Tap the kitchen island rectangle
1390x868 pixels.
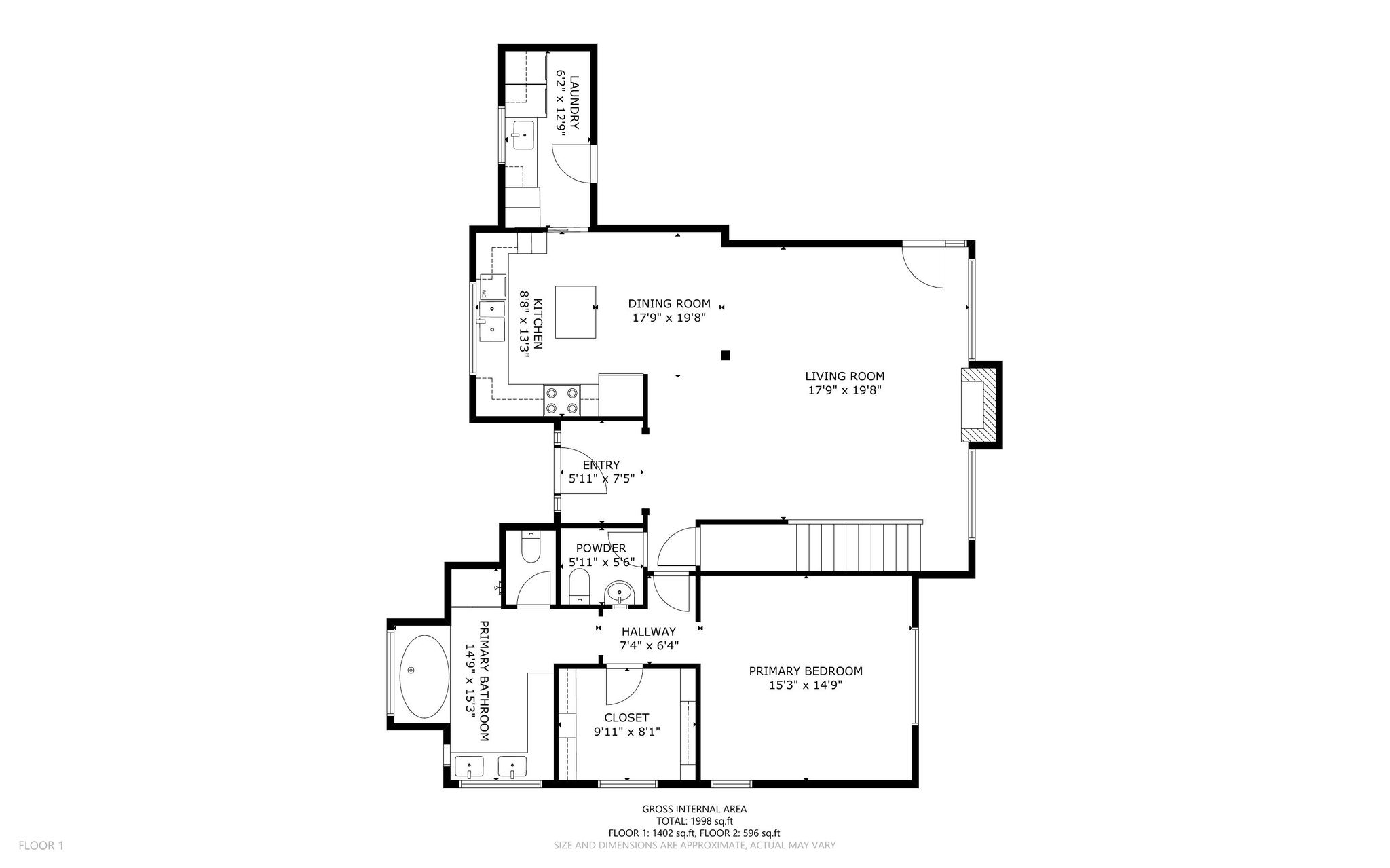[576, 312]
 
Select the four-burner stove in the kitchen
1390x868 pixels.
[562, 400]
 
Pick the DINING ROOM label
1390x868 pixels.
[669, 303]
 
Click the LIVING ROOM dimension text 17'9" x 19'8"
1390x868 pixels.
[844, 390]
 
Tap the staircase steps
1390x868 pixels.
[854, 547]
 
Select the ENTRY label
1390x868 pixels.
[601, 465]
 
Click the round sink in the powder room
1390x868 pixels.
[619, 593]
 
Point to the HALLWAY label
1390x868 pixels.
[649, 632]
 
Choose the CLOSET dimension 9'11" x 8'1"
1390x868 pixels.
[626, 732]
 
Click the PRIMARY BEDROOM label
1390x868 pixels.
[806, 671]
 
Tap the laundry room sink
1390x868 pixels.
[524, 136]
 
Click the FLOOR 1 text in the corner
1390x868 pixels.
[41, 846]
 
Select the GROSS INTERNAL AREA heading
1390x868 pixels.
[694, 809]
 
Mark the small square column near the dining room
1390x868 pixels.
[726, 354]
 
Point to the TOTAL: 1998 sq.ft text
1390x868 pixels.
[694, 821]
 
